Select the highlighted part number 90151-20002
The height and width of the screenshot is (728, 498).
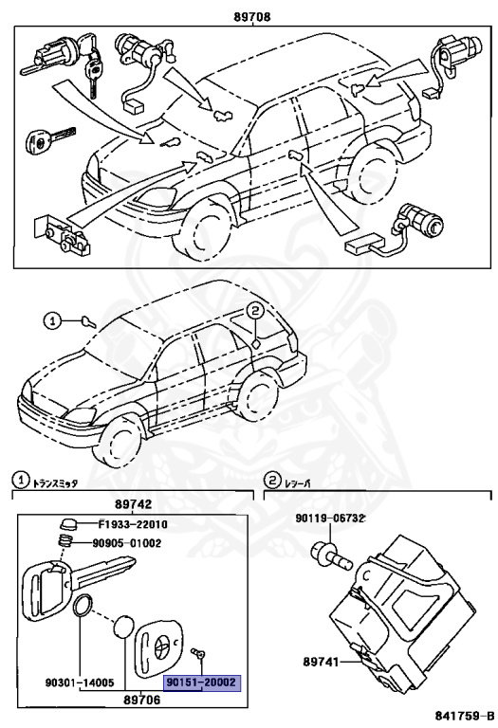pyautogui.click(x=202, y=682)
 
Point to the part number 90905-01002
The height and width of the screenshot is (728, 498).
pyautogui.click(x=129, y=543)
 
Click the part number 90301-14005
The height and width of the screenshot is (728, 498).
pyautogui.click(x=80, y=682)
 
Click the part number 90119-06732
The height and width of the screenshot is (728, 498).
pyautogui.click(x=330, y=518)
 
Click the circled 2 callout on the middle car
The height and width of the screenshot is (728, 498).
pyautogui.click(x=255, y=311)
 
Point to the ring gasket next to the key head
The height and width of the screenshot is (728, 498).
pyautogui.click(x=83, y=604)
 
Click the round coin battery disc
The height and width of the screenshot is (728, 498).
pyautogui.click(x=125, y=627)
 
